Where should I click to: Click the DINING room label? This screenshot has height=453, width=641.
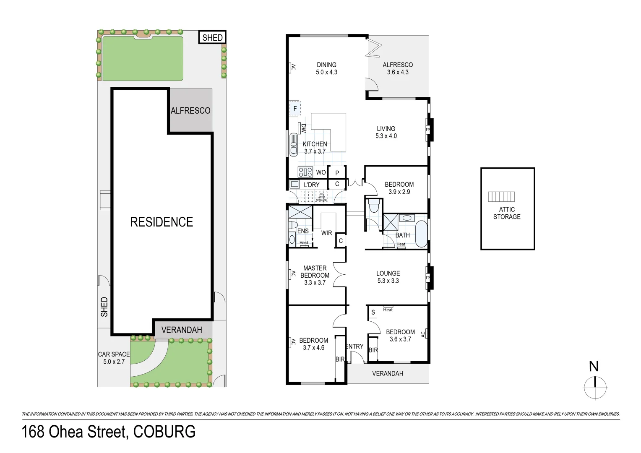326,65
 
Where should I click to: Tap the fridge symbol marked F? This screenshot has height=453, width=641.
295,109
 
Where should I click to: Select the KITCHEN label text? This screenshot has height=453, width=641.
315,144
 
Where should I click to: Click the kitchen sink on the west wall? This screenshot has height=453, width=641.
294,145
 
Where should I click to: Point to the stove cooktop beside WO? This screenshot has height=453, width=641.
305,172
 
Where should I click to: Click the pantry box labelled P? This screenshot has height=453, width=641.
337,172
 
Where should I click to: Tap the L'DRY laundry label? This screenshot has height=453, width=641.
311,185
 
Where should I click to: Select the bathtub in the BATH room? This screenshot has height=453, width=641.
421,234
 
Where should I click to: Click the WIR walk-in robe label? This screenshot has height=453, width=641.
326,233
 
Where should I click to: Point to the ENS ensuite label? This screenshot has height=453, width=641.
303,231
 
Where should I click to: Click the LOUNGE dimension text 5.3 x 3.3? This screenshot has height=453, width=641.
388,281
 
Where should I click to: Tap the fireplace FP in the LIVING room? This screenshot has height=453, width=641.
428,130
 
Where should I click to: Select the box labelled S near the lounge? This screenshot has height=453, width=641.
373,312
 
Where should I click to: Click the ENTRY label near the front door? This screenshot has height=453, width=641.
355,346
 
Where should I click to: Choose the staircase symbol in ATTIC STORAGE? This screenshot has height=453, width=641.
501,196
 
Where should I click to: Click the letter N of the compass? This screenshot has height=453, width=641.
594,366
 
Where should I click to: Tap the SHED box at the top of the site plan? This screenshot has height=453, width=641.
212,37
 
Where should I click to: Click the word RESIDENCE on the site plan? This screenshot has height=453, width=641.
162,222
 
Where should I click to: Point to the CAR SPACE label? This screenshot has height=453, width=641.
114,354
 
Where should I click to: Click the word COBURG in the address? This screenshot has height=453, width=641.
164,432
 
